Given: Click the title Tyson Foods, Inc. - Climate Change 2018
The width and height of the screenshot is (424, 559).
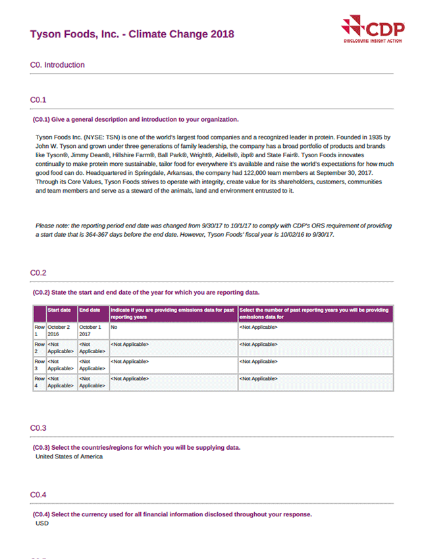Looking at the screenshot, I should [132, 34].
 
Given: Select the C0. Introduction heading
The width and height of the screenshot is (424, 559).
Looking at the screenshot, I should [57, 65].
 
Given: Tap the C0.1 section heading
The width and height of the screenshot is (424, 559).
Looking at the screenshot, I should [38, 100].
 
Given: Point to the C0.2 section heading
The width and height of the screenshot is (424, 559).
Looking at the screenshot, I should [38, 272].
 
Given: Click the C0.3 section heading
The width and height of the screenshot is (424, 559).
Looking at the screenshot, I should [38, 428].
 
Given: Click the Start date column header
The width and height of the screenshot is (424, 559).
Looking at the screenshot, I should [59, 310].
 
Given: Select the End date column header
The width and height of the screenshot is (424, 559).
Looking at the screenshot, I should [90, 310].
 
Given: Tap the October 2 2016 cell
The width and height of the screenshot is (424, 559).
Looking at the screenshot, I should [59, 330].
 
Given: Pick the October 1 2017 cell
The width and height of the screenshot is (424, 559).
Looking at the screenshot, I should [90, 330].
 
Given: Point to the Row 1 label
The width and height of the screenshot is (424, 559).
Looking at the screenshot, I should [40, 330].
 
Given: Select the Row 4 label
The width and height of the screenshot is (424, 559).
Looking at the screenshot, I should [40, 382].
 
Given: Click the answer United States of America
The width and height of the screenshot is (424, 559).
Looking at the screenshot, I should [69, 456].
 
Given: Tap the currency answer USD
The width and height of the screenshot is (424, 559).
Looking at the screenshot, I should [42, 523].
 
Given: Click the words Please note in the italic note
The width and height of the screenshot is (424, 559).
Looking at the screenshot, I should [52, 226].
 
